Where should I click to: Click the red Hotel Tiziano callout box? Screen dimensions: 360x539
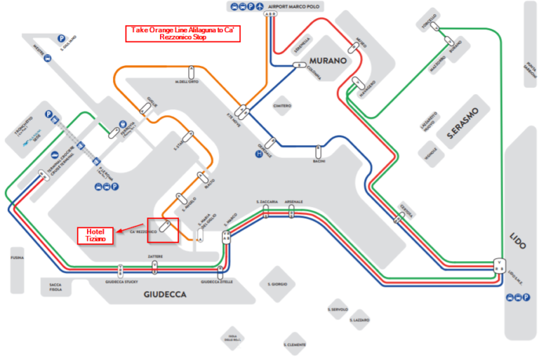point(95,235)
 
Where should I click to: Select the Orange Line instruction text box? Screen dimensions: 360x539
point(183,34)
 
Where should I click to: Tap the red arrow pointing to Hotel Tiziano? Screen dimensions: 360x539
point(126,229)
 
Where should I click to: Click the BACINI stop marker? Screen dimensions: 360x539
point(318,151)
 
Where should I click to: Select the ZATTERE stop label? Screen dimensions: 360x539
point(155,257)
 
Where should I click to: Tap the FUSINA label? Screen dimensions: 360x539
point(17,258)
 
